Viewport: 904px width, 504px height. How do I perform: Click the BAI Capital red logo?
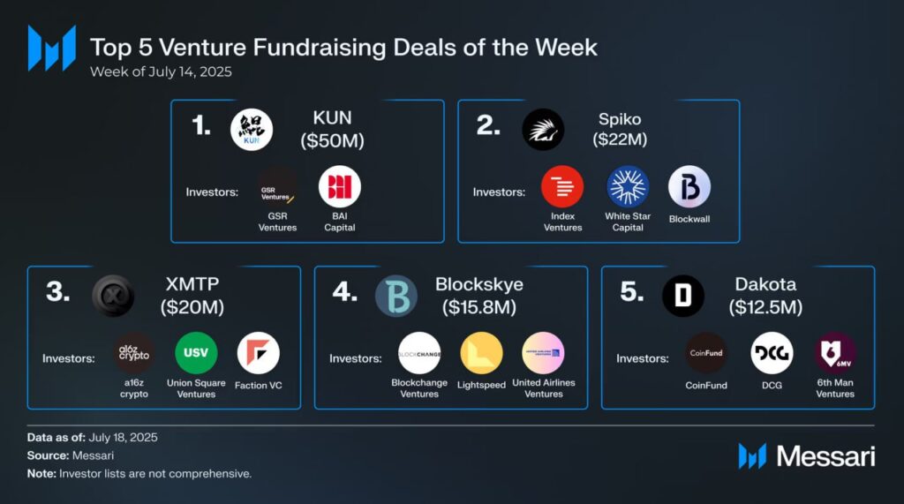(340, 186)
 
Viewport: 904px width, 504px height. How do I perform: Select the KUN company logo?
(252, 130)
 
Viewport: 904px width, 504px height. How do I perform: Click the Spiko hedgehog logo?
(543, 130)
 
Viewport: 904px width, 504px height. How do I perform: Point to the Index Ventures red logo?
(562, 186)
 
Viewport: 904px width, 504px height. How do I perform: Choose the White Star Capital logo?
(628, 186)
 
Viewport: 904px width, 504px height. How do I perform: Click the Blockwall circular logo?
(689, 186)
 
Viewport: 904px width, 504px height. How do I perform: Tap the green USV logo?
(196, 353)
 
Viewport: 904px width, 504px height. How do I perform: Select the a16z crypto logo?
(134, 353)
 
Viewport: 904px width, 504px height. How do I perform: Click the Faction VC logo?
(259, 353)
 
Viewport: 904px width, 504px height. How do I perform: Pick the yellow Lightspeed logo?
(481, 353)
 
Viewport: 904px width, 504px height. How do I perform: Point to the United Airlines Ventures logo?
(543, 353)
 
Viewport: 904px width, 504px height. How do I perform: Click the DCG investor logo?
(772, 353)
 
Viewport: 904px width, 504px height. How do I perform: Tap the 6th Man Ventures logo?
(834, 353)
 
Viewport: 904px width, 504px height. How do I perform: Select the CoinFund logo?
(706, 353)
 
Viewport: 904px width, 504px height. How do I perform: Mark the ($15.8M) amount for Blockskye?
(479, 307)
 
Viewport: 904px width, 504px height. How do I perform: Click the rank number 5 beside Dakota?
(631, 292)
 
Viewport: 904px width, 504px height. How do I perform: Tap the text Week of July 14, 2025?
(161, 71)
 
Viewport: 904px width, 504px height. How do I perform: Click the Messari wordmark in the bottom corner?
(825, 456)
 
